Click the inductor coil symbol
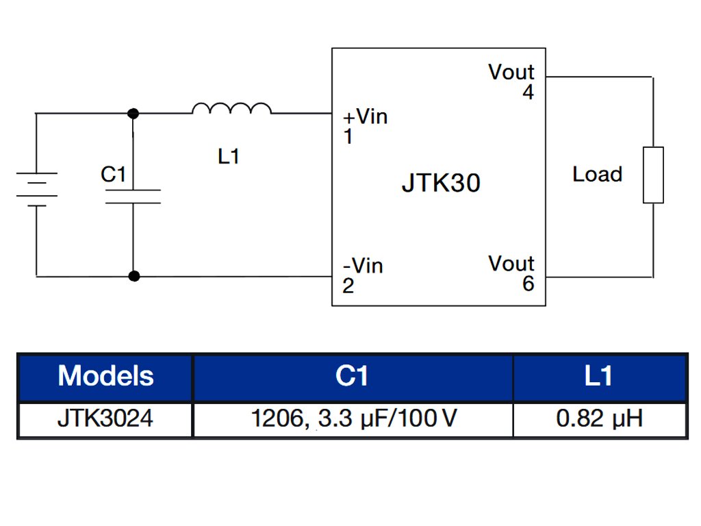[232, 108]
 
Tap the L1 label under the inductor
[229, 157]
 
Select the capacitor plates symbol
[133, 197]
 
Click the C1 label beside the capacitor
[114, 175]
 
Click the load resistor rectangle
[653, 175]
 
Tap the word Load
[597, 175]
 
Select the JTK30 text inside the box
[441, 184]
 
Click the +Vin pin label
[365, 117]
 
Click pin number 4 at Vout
[528, 92]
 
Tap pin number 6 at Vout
[528, 284]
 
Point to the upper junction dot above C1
[133, 113]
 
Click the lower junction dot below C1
[134, 277]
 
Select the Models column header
[105, 376]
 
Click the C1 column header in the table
[353, 376]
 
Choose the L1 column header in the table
[599, 376]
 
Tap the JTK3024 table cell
[105, 418]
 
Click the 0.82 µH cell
[599, 418]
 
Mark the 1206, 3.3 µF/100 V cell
[353, 418]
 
